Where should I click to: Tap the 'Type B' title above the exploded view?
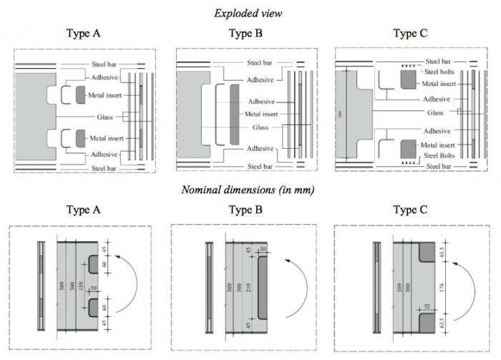[x=250, y=33]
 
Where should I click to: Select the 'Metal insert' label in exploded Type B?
[x=262, y=113]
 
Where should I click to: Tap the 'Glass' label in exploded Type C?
[x=436, y=112]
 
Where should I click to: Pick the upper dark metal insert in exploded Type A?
[x=79, y=94]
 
